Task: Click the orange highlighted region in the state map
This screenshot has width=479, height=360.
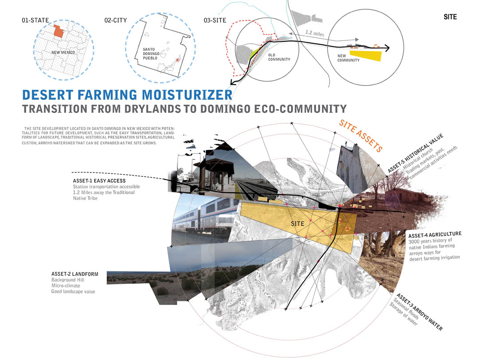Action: pos(59,31)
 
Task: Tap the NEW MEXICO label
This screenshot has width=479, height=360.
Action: pos(63,52)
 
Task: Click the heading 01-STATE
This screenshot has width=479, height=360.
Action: pos(35,20)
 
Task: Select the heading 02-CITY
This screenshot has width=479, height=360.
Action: pos(115,20)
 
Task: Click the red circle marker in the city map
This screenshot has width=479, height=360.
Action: pos(177,60)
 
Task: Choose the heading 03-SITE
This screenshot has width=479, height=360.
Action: pos(215,20)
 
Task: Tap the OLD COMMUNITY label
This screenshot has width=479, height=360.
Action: pos(279,57)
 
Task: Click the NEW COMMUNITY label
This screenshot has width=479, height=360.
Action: pos(348,58)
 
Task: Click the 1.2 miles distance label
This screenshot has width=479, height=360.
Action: pos(314,33)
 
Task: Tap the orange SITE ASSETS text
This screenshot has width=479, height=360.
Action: pos(361,136)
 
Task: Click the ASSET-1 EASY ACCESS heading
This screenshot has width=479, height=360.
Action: pos(99,181)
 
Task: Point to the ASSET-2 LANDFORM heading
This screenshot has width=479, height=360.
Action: pos(75,274)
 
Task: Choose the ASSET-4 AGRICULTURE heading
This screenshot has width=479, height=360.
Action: pos(435,235)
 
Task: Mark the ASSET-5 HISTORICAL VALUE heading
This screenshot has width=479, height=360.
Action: pos(416,153)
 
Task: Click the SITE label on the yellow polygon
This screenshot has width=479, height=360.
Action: pos(298,223)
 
